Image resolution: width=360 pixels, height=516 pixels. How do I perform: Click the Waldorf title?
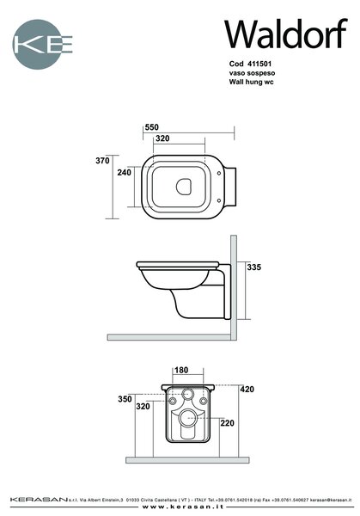point(286,34)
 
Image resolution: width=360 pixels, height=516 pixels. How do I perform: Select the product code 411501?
point(259,64)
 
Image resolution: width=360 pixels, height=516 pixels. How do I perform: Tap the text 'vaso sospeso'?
point(252,73)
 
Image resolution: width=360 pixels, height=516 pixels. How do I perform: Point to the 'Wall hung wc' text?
point(251,82)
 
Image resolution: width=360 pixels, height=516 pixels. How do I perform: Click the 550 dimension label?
point(151,127)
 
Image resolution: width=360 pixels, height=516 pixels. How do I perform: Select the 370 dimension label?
point(102,161)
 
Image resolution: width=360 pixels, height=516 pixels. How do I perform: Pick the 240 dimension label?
point(125,172)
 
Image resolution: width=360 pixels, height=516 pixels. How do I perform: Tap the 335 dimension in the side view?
point(254,267)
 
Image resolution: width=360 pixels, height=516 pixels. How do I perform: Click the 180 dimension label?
point(181,370)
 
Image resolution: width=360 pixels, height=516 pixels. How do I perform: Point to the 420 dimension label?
point(247,390)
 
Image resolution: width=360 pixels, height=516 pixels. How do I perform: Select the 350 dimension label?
point(125,399)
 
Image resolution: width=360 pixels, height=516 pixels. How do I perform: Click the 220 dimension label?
point(228,423)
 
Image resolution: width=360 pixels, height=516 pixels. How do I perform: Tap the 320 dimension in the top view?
point(162,138)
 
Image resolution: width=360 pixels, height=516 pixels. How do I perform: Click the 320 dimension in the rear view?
point(143,407)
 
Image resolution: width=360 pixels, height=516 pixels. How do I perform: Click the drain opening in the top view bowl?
point(184,187)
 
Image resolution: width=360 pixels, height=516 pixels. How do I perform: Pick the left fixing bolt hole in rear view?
point(173,401)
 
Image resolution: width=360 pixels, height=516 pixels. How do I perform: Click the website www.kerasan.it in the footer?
point(183,507)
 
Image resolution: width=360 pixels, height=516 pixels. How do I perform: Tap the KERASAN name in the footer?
point(39,500)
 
